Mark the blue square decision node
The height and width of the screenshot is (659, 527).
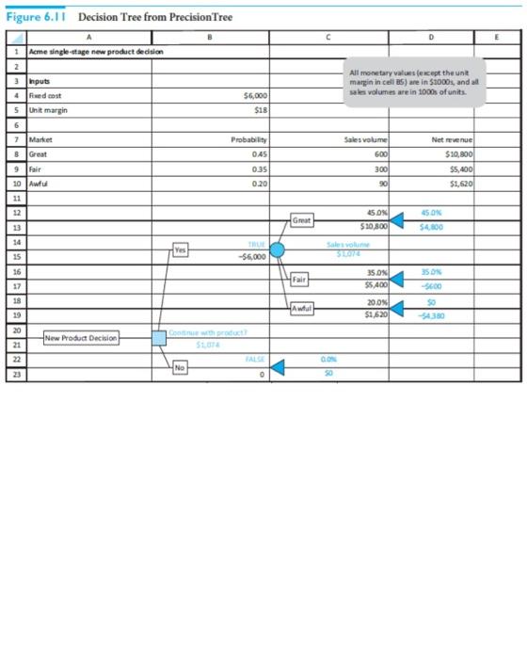pyautogui.click(x=159, y=337)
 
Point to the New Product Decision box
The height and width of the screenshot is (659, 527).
pyautogui.click(x=81, y=337)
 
